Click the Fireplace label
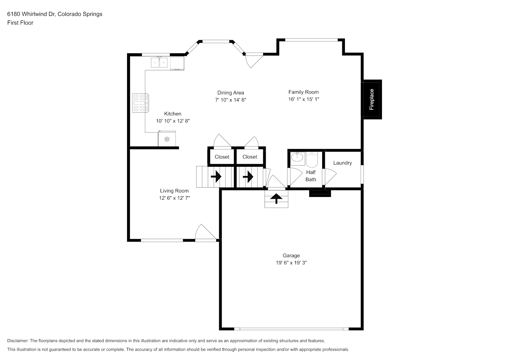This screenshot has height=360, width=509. point(371,99)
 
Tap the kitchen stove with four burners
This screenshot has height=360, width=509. point(140,103)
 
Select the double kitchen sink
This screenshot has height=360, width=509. point(159,63)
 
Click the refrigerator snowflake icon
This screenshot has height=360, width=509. point(167,139)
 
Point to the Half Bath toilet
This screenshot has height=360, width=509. point(312,159)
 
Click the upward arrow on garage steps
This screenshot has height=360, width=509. point(276,198)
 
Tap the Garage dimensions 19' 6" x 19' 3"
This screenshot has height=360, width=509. point(291,263)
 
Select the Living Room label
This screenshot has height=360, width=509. point(174,191)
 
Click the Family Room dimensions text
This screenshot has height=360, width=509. point(303,99)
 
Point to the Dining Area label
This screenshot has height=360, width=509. point(231,93)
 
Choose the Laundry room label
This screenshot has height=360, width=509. point(342,163)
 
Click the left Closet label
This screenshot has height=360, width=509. point(222,157)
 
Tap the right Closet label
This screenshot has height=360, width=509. point(250,157)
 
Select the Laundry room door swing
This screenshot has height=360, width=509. point(330,177)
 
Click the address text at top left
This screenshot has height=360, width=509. point(55,14)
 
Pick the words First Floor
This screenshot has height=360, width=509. point(20,23)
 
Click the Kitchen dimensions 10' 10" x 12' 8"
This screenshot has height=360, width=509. point(173,121)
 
